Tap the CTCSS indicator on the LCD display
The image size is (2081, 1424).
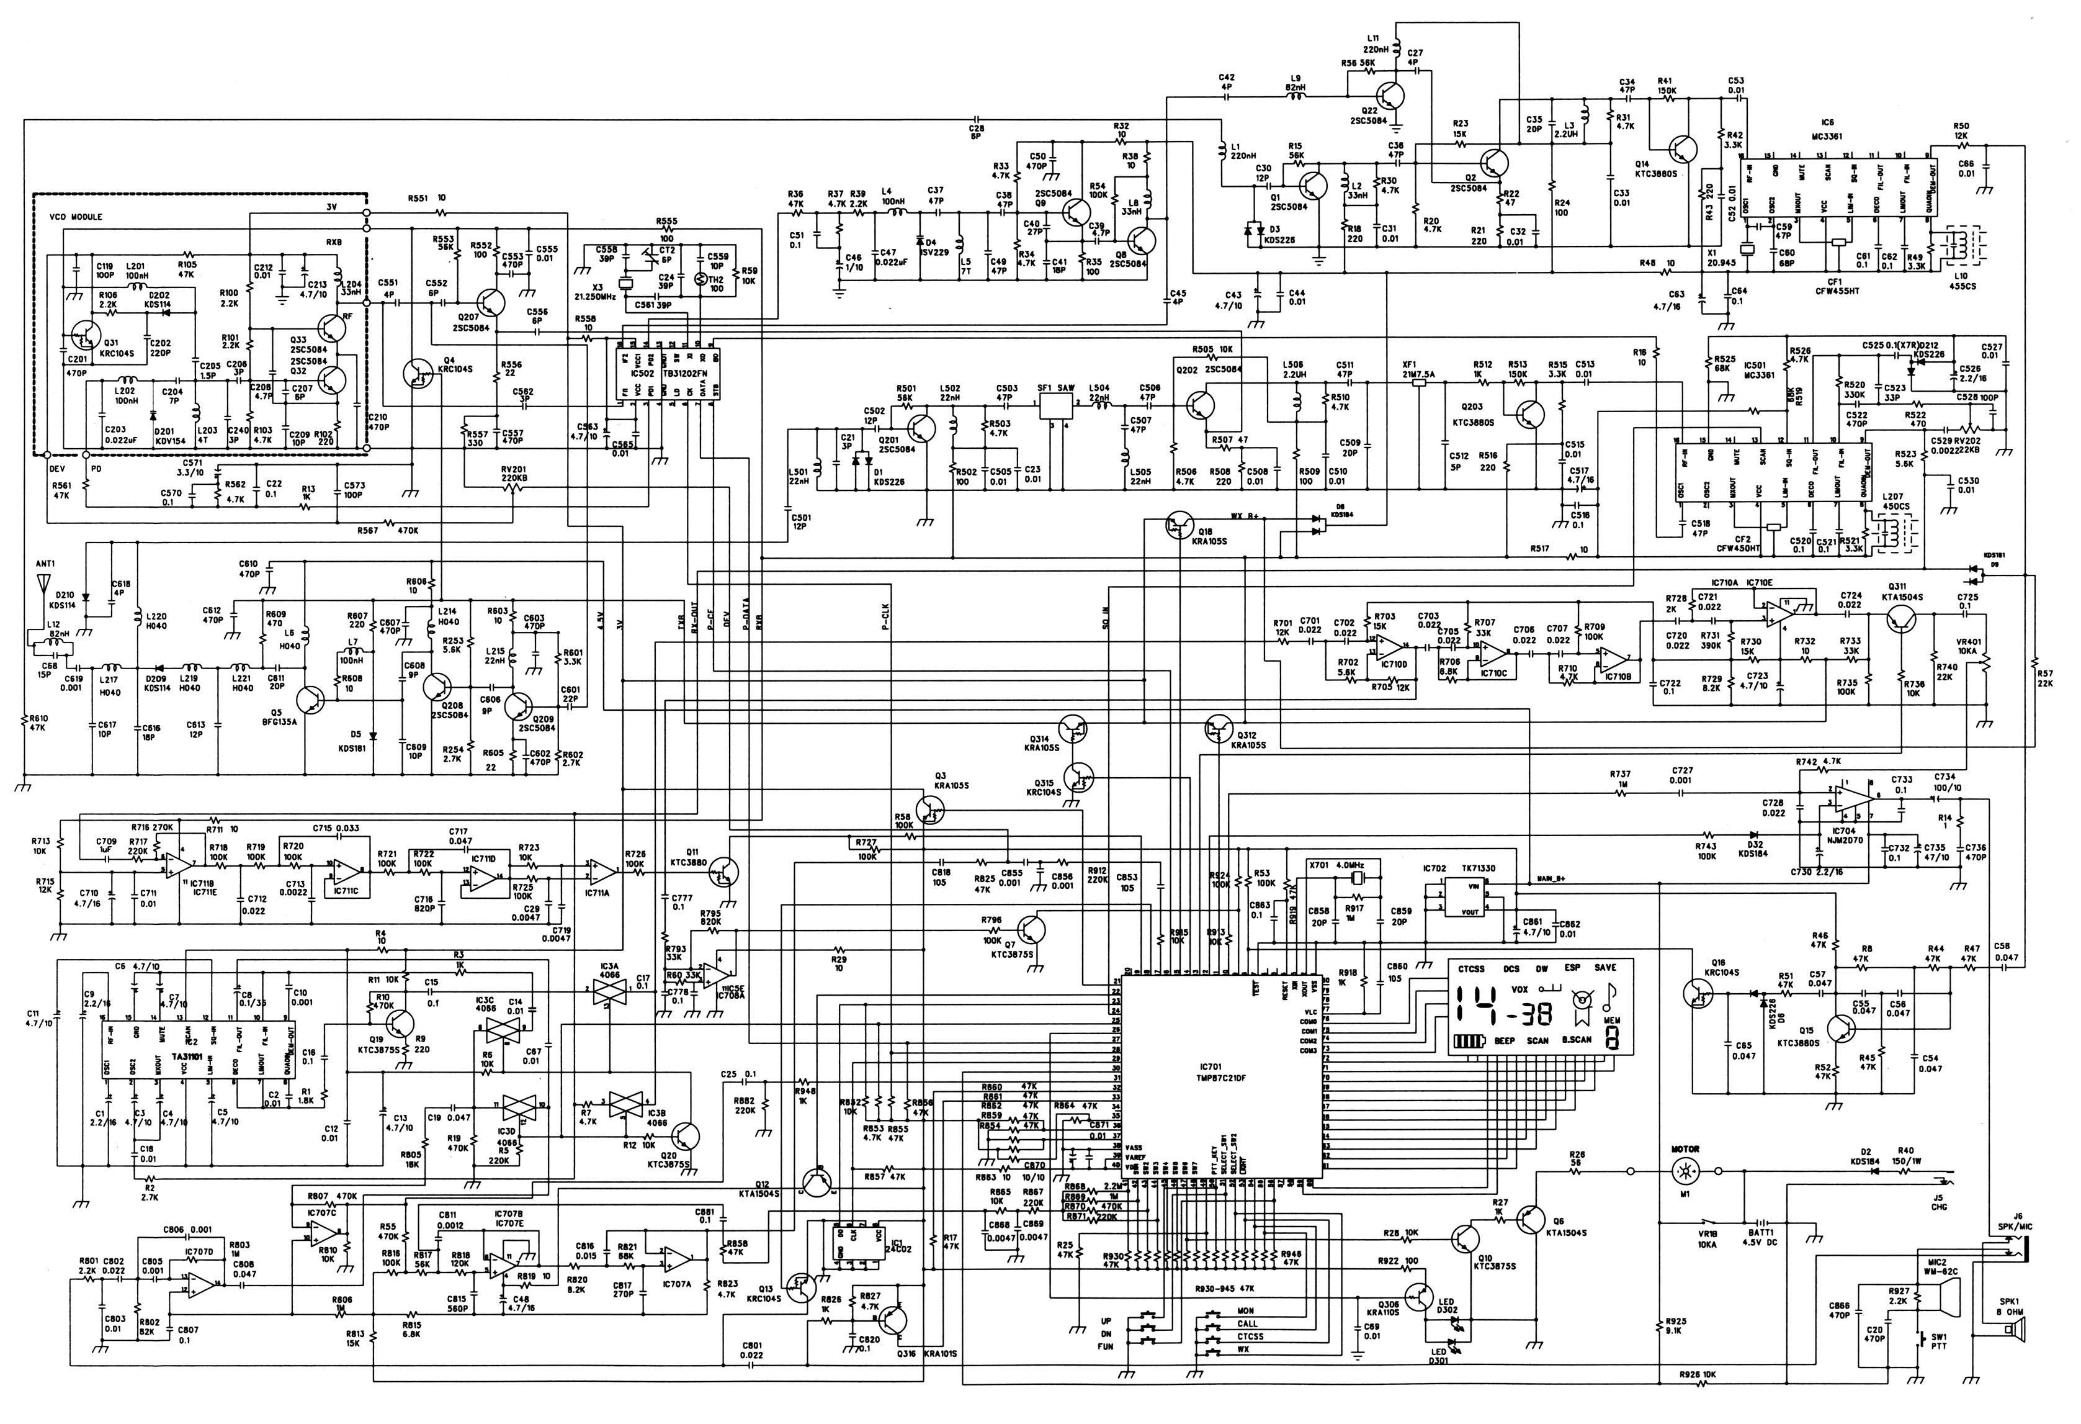click(1471, 968)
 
